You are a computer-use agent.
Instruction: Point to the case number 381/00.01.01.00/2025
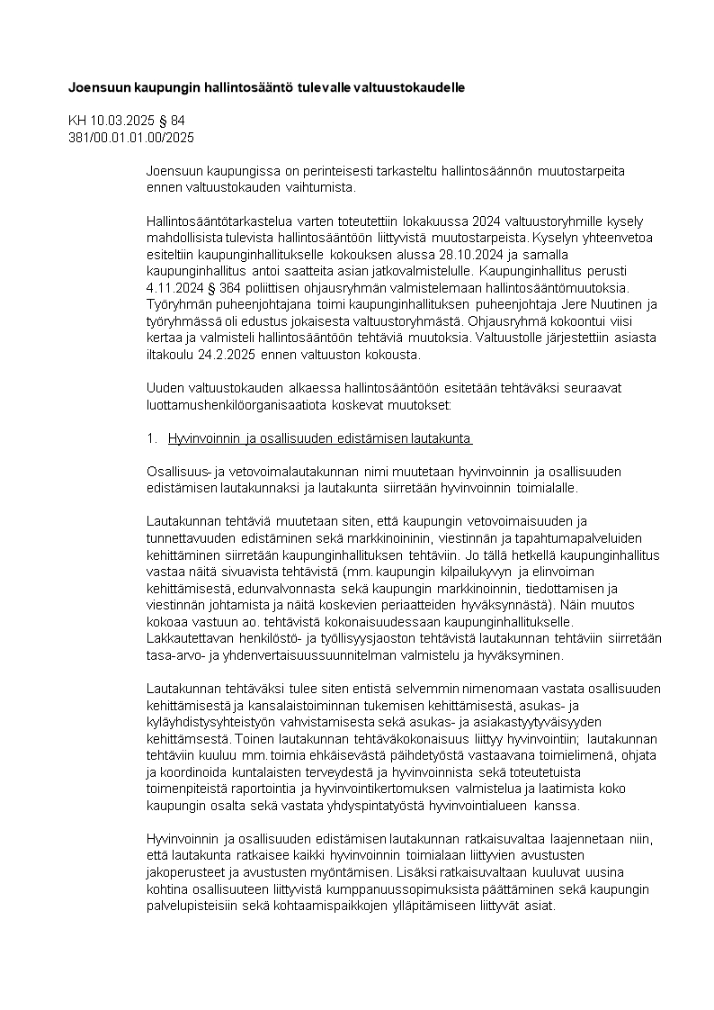point(131,138)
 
